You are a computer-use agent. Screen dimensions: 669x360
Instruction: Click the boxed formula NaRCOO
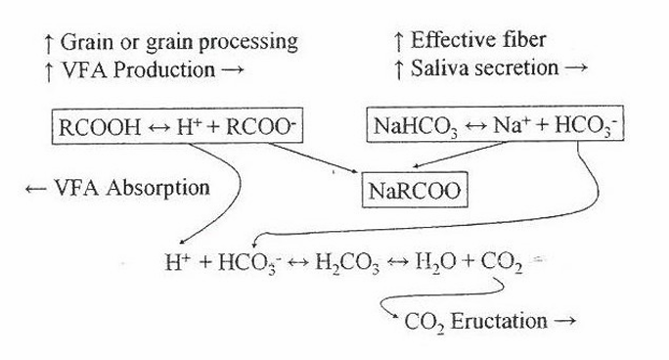[415, 190]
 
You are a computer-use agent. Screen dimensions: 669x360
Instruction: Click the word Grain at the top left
[87, 42]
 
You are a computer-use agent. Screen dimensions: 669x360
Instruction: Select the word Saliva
[438, 67]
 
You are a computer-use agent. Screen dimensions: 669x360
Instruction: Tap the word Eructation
[499, 321]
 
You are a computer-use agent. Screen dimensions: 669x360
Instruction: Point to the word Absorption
[157, 189]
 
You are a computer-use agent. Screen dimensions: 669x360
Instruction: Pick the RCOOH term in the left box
[100, 127]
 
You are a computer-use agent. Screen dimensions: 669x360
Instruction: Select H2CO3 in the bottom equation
[347, 262]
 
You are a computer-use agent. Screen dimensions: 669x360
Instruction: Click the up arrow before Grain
[49, 44]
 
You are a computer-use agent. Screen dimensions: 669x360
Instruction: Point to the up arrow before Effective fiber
[399, 41]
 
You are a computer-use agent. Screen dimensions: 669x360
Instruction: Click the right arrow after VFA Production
[233, 70]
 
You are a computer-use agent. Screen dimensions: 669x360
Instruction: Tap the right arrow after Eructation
[565, 321]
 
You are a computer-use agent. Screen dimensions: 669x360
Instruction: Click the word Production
[164, 70]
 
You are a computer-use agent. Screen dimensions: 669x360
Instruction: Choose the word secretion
[514, 67]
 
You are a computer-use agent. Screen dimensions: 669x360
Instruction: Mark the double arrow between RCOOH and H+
[158, 127]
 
